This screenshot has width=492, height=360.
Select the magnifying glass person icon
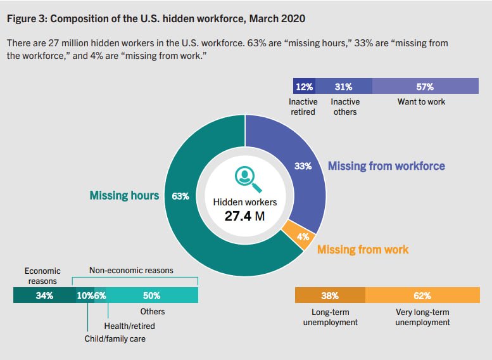point(245,179)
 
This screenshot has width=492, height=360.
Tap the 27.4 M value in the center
point(245,215)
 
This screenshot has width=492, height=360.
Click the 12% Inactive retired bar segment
point(304,86)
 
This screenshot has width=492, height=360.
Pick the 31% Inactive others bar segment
point(343,86)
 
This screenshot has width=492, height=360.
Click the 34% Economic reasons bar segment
point(44,295)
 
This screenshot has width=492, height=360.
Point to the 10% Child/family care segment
point(84,295)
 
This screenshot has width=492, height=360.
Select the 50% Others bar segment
point(151,295)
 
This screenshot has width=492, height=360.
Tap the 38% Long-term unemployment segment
point(330,295)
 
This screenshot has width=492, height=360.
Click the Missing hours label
point(124,195)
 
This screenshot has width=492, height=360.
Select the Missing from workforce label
point(386,166)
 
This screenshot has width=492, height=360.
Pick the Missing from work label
point(363,249)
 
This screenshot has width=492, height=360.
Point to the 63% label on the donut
point(180,196)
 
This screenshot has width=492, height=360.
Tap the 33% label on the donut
point(303,166)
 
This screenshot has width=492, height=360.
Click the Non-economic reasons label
point(131,270)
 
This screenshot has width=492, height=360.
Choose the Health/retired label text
point(129,326)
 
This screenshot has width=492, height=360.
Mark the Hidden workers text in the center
point(245,202)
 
